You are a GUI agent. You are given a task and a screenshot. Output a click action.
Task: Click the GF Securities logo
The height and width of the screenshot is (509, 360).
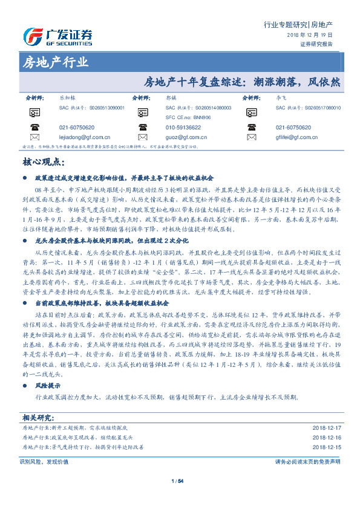coord(58,36)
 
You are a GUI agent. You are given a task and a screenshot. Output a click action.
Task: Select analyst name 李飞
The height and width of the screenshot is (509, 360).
coord(280,97)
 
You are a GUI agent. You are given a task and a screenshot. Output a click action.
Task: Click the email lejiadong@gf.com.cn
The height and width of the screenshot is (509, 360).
coord(84,137)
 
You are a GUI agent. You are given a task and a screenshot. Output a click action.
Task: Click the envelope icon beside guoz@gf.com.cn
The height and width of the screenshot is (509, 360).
coord(143,138)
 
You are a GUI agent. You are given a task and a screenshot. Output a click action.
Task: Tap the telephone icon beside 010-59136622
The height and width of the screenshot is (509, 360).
coord(143,128)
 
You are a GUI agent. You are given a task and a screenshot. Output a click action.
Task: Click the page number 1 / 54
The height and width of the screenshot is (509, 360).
coord(177,481)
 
